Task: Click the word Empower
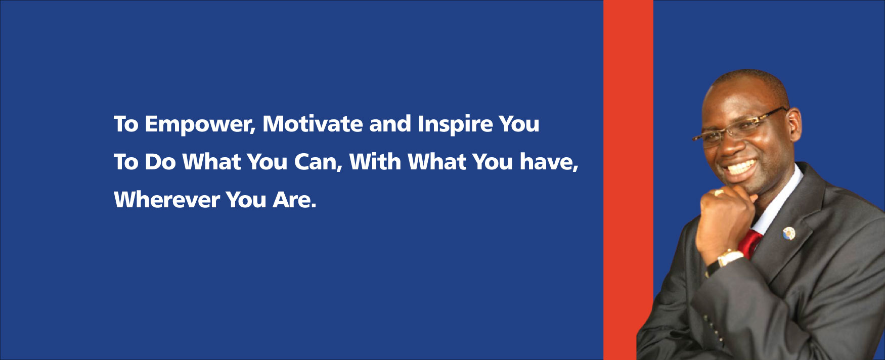click(x=200, y=124)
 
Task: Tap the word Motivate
click(x=313, y=124)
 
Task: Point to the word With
click(x=375, y=162)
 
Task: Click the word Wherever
click(x=166, y=200)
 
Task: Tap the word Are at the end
click(x=295, y=200)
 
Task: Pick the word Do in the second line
click(x=160, y=162)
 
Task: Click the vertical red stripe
click(x=628, y=180)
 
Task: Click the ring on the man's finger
click(x=718, y=193)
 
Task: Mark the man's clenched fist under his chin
click(x=725, y=212)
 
